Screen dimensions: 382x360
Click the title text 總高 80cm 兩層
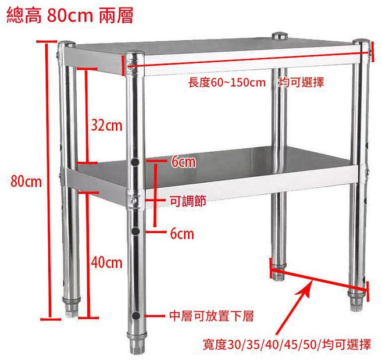70,16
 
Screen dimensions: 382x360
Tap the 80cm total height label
26,181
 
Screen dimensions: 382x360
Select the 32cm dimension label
107,126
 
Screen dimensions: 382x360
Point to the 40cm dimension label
107,263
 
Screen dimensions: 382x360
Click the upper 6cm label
183,162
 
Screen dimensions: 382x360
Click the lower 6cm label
182,234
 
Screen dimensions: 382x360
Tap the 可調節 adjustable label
188,201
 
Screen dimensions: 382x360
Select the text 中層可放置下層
212,316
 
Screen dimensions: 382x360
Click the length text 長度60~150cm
227,83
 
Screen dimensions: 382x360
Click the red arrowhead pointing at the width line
308,290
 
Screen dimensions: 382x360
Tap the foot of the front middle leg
137,343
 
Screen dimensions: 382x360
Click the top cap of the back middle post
280,36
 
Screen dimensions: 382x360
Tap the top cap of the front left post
67,44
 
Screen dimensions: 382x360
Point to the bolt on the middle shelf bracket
133,201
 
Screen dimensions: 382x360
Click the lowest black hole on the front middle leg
135,316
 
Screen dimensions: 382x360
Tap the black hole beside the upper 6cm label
135,162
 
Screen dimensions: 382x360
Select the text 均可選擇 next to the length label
301,83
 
